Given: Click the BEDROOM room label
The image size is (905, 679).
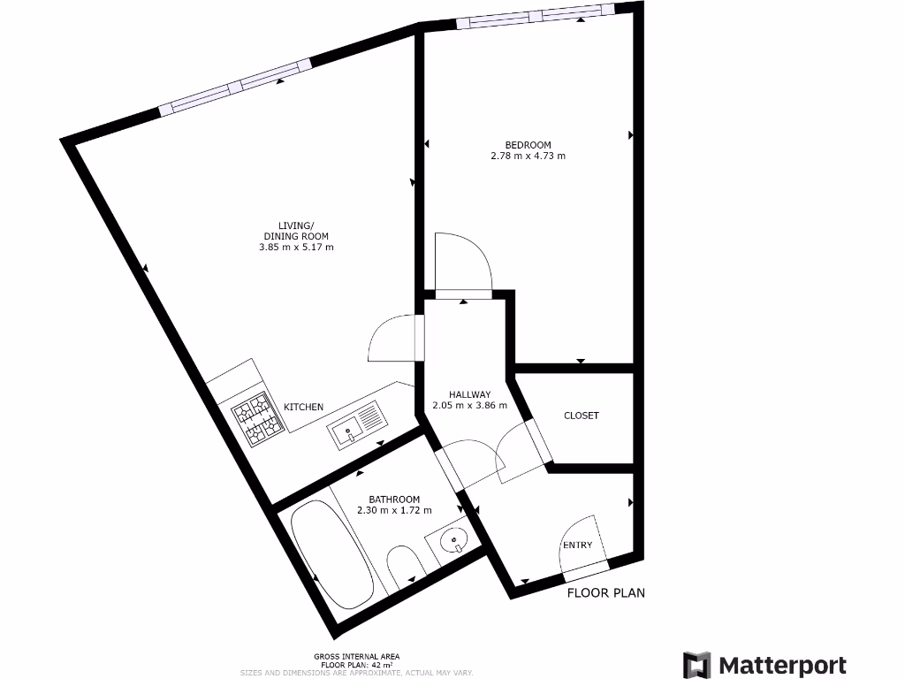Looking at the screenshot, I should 528,145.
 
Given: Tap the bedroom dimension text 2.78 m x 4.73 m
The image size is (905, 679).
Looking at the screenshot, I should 528,156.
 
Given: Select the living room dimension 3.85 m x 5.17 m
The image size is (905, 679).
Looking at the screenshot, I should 291,248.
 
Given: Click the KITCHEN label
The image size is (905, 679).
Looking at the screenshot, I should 303,407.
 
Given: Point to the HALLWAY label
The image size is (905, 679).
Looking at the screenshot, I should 469,394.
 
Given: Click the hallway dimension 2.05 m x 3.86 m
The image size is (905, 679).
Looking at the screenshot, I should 469,406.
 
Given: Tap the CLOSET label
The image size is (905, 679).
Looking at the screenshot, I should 582,416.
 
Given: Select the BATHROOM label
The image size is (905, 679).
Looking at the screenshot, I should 394,500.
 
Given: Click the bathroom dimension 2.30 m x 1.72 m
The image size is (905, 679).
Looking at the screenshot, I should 394,511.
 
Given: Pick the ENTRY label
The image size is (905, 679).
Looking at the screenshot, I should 578,545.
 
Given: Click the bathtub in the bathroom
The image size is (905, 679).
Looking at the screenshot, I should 331,554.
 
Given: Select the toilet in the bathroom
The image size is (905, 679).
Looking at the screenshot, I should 404,568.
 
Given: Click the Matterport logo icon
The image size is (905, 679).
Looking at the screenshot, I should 696,665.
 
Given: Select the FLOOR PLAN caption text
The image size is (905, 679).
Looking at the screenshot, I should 605,592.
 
